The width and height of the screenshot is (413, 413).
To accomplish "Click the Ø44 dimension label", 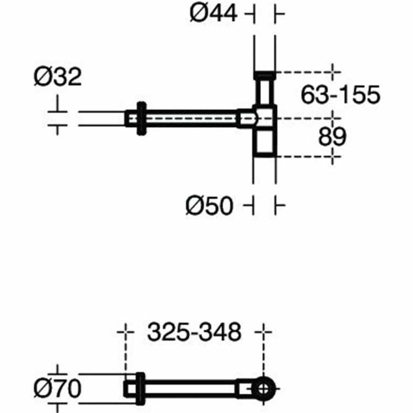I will coord(214,14).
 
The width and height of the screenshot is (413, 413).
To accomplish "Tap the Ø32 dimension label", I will coord(57,77).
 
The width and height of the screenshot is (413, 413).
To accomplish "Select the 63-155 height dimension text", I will coord(340,95).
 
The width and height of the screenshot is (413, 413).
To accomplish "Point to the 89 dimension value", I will coord(332,137).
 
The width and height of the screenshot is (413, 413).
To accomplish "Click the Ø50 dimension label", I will coord(209,206).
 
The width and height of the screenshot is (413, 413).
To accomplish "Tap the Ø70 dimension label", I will coord(57,389).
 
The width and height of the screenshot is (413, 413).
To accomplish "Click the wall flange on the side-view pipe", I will coord(142,118).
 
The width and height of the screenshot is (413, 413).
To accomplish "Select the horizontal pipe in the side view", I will coord(193,118).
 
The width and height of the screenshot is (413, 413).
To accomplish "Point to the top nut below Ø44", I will coord(264,74).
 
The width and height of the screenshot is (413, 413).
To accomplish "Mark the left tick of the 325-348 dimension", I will coord(126,332).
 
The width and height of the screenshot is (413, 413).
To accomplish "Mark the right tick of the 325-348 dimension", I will coord(265,332).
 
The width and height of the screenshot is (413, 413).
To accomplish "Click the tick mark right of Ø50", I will coord(279,206).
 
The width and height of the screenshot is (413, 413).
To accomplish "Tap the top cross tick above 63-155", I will coord(333,71).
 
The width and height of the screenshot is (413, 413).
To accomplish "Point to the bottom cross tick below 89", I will coord(333,156).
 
